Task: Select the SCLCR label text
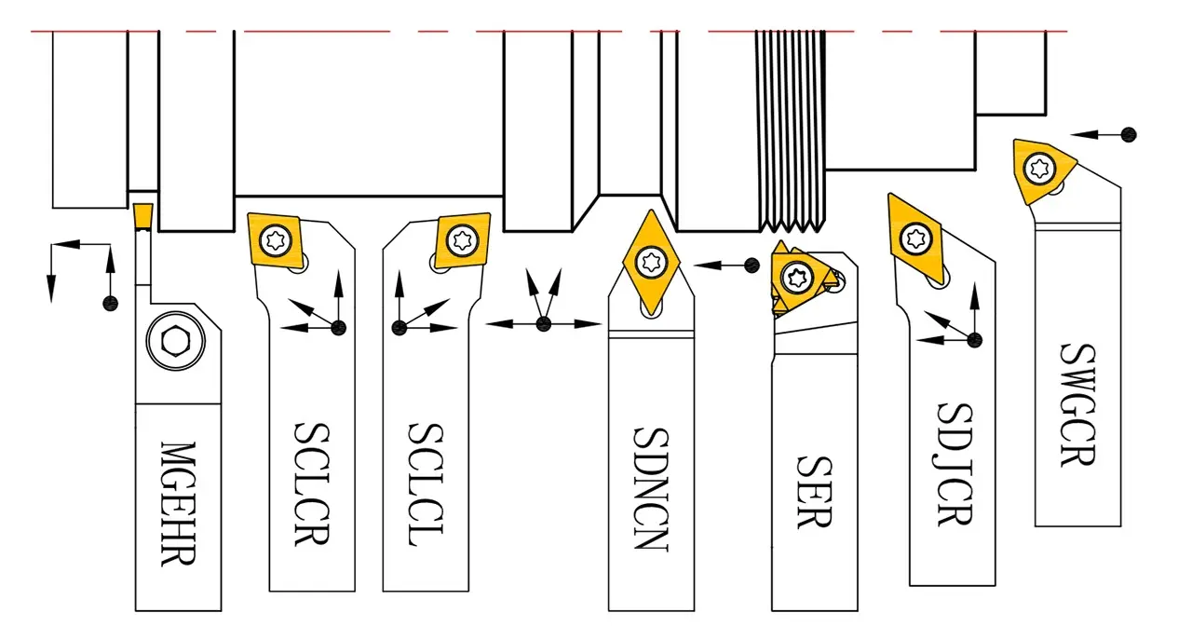point(311,484)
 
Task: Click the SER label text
point(813,492)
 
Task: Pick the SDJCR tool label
point(953,464)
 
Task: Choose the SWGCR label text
point(1077,405)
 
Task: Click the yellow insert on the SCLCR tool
point(276,239)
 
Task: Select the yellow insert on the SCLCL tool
point(462,239)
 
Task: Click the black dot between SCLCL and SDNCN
point(544,323)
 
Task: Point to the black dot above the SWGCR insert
point(1129,134)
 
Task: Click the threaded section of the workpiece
point(791,130)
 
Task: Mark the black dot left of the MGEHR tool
point(110,303)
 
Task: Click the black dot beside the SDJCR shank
point(975,339)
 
